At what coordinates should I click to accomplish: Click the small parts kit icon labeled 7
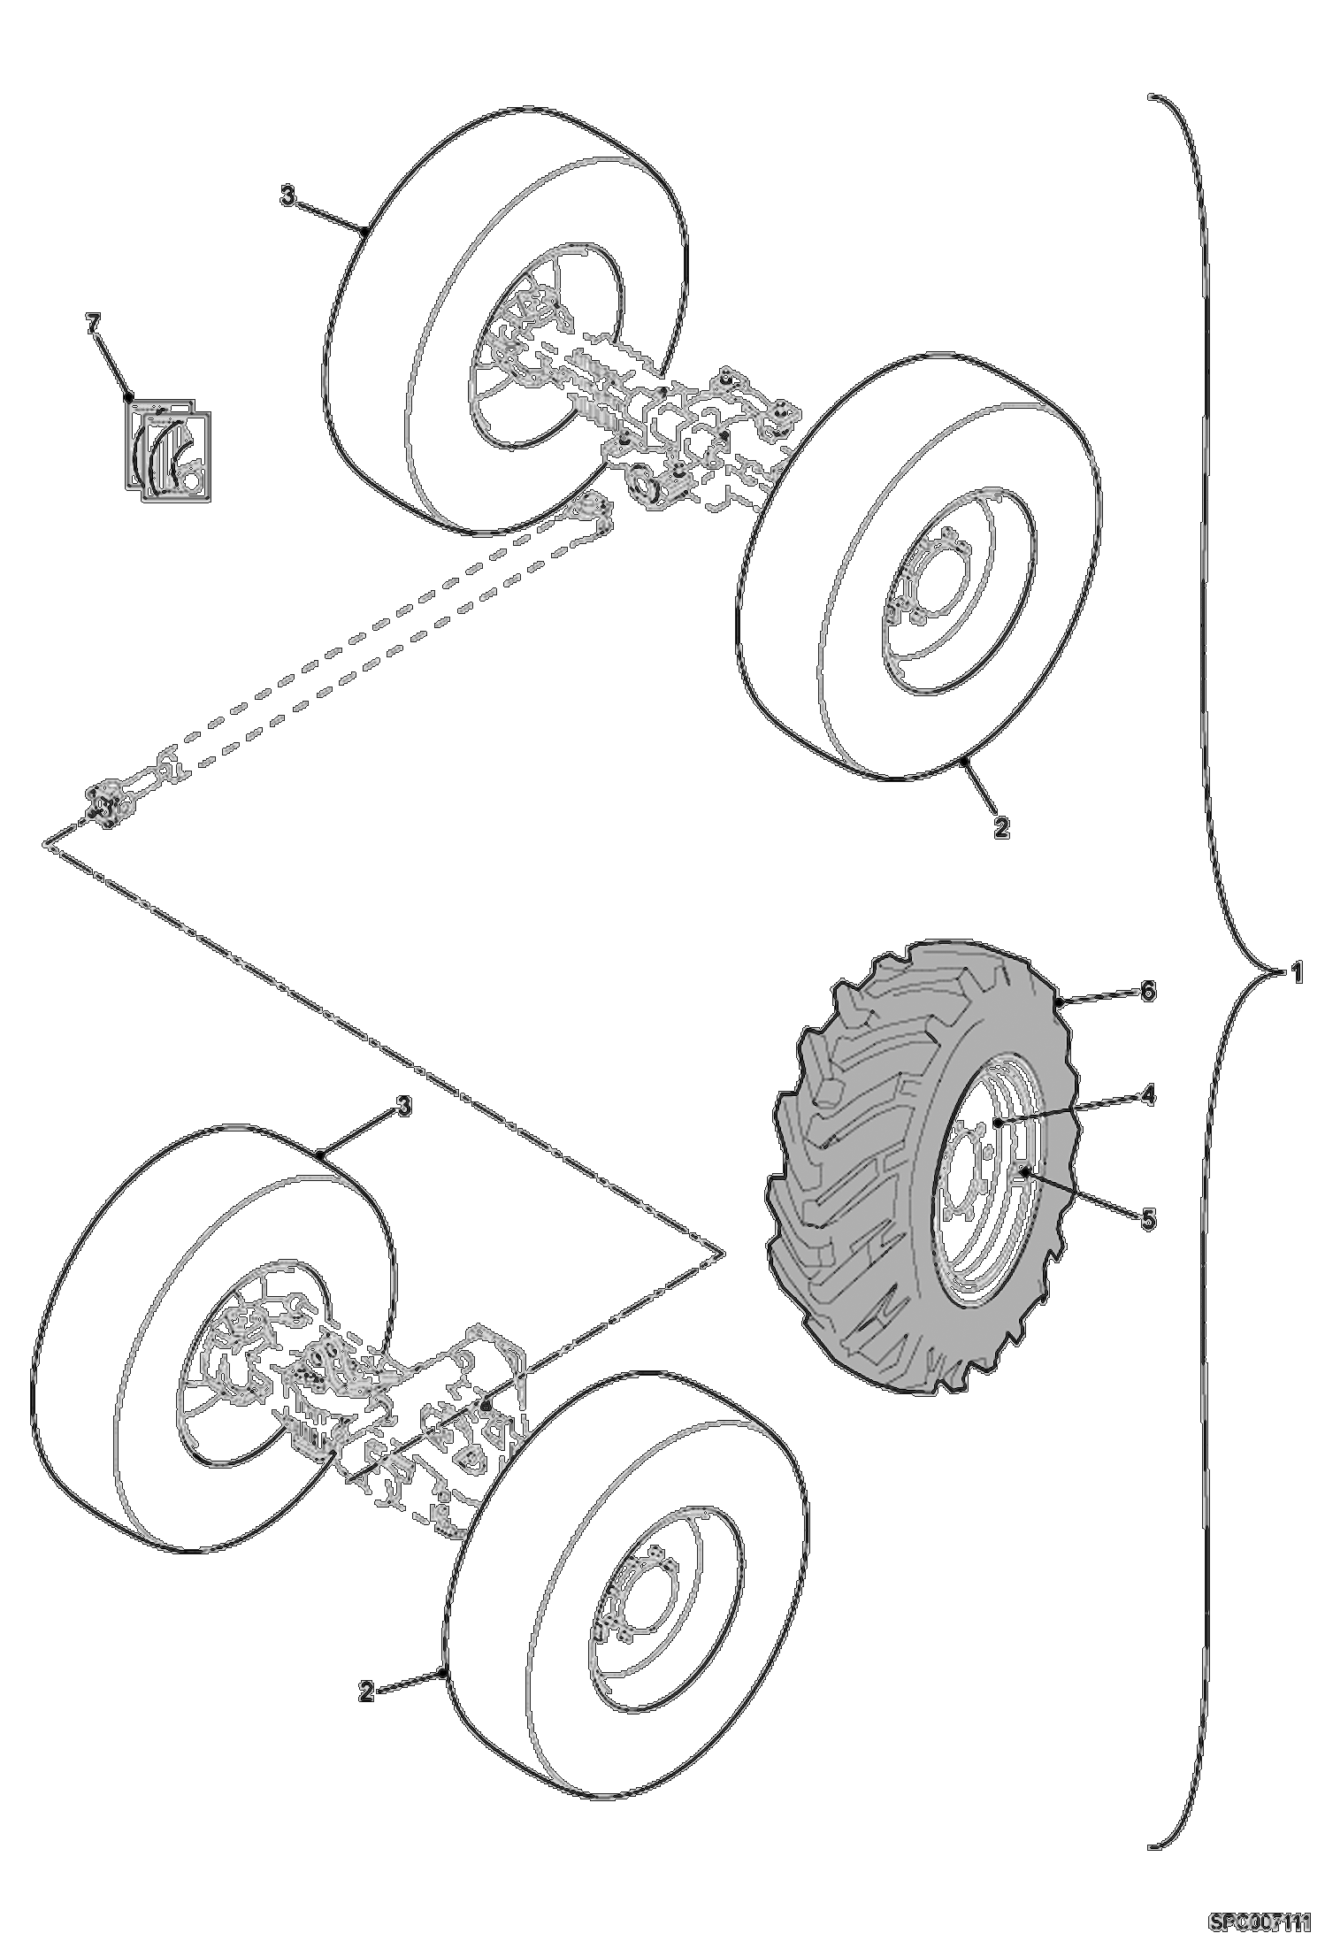coord(166,449)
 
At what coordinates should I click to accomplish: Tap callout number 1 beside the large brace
coord(1295,973)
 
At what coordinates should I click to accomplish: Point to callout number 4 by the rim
coord(1147,1095)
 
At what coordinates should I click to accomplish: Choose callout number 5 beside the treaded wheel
coord(1147,1218)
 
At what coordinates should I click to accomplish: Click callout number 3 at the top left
coord(288,196)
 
